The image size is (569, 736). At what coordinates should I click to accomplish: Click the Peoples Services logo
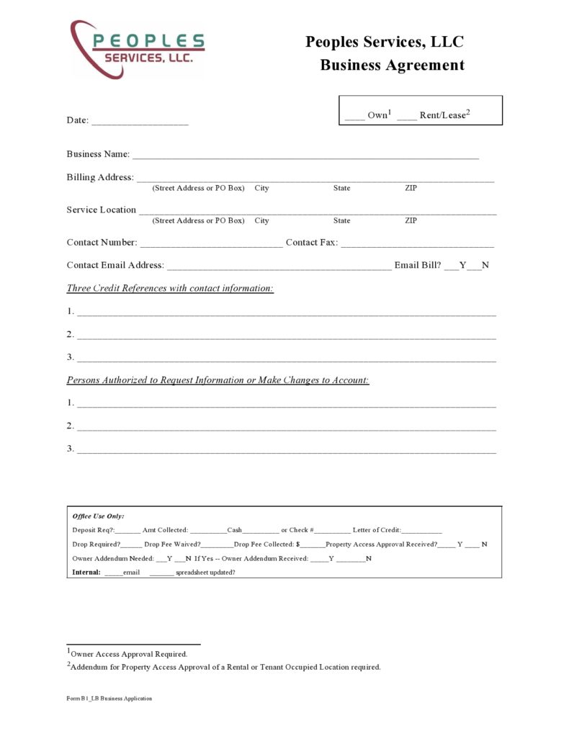[x=137, y=50]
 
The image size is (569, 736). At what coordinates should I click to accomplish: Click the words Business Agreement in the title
[x=392, y=65]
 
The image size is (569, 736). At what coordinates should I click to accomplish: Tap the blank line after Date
[x=140, y=123]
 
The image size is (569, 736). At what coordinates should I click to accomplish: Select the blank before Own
[x=354, y=117]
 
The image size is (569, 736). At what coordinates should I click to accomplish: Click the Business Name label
[x=98, y=154]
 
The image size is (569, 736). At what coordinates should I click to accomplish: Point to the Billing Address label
[x=100, y=177]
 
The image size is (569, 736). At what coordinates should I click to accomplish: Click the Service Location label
[x=101, y=210]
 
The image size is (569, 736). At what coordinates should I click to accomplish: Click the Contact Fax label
[x=311, y=243]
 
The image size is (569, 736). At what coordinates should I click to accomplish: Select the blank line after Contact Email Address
[x=279, y=267]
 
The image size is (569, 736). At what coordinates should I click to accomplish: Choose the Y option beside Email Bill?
[x=462, y=265]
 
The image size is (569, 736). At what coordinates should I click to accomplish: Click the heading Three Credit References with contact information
[x=170, y=288]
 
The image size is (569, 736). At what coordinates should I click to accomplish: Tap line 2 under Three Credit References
[x=286, y=337]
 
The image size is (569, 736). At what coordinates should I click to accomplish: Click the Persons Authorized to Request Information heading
[x=218, y=380]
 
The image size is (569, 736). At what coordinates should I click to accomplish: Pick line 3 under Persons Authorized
[x=286, y=452]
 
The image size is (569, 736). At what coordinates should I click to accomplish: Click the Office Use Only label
[x=98, y=516]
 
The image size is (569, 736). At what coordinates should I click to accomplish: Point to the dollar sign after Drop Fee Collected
[x=298, y=544]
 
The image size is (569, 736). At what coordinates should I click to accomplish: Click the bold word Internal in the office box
[x=86, y=573]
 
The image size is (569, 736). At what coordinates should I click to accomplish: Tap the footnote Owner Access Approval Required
[x=129, y=654]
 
